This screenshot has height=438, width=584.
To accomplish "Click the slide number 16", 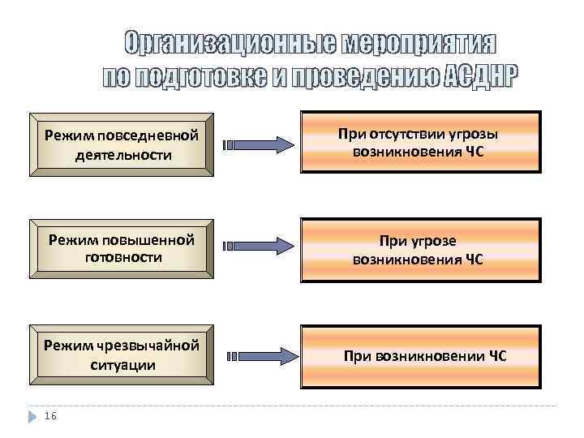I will [x=50, y=415].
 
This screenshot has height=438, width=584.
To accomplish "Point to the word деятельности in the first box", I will [x=123, y=154].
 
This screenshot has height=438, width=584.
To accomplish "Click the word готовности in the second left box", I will [x=123, y=256].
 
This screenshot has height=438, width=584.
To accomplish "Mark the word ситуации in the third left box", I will [x=123, y=365].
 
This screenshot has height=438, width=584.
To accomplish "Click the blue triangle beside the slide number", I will [x=32, y=415].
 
